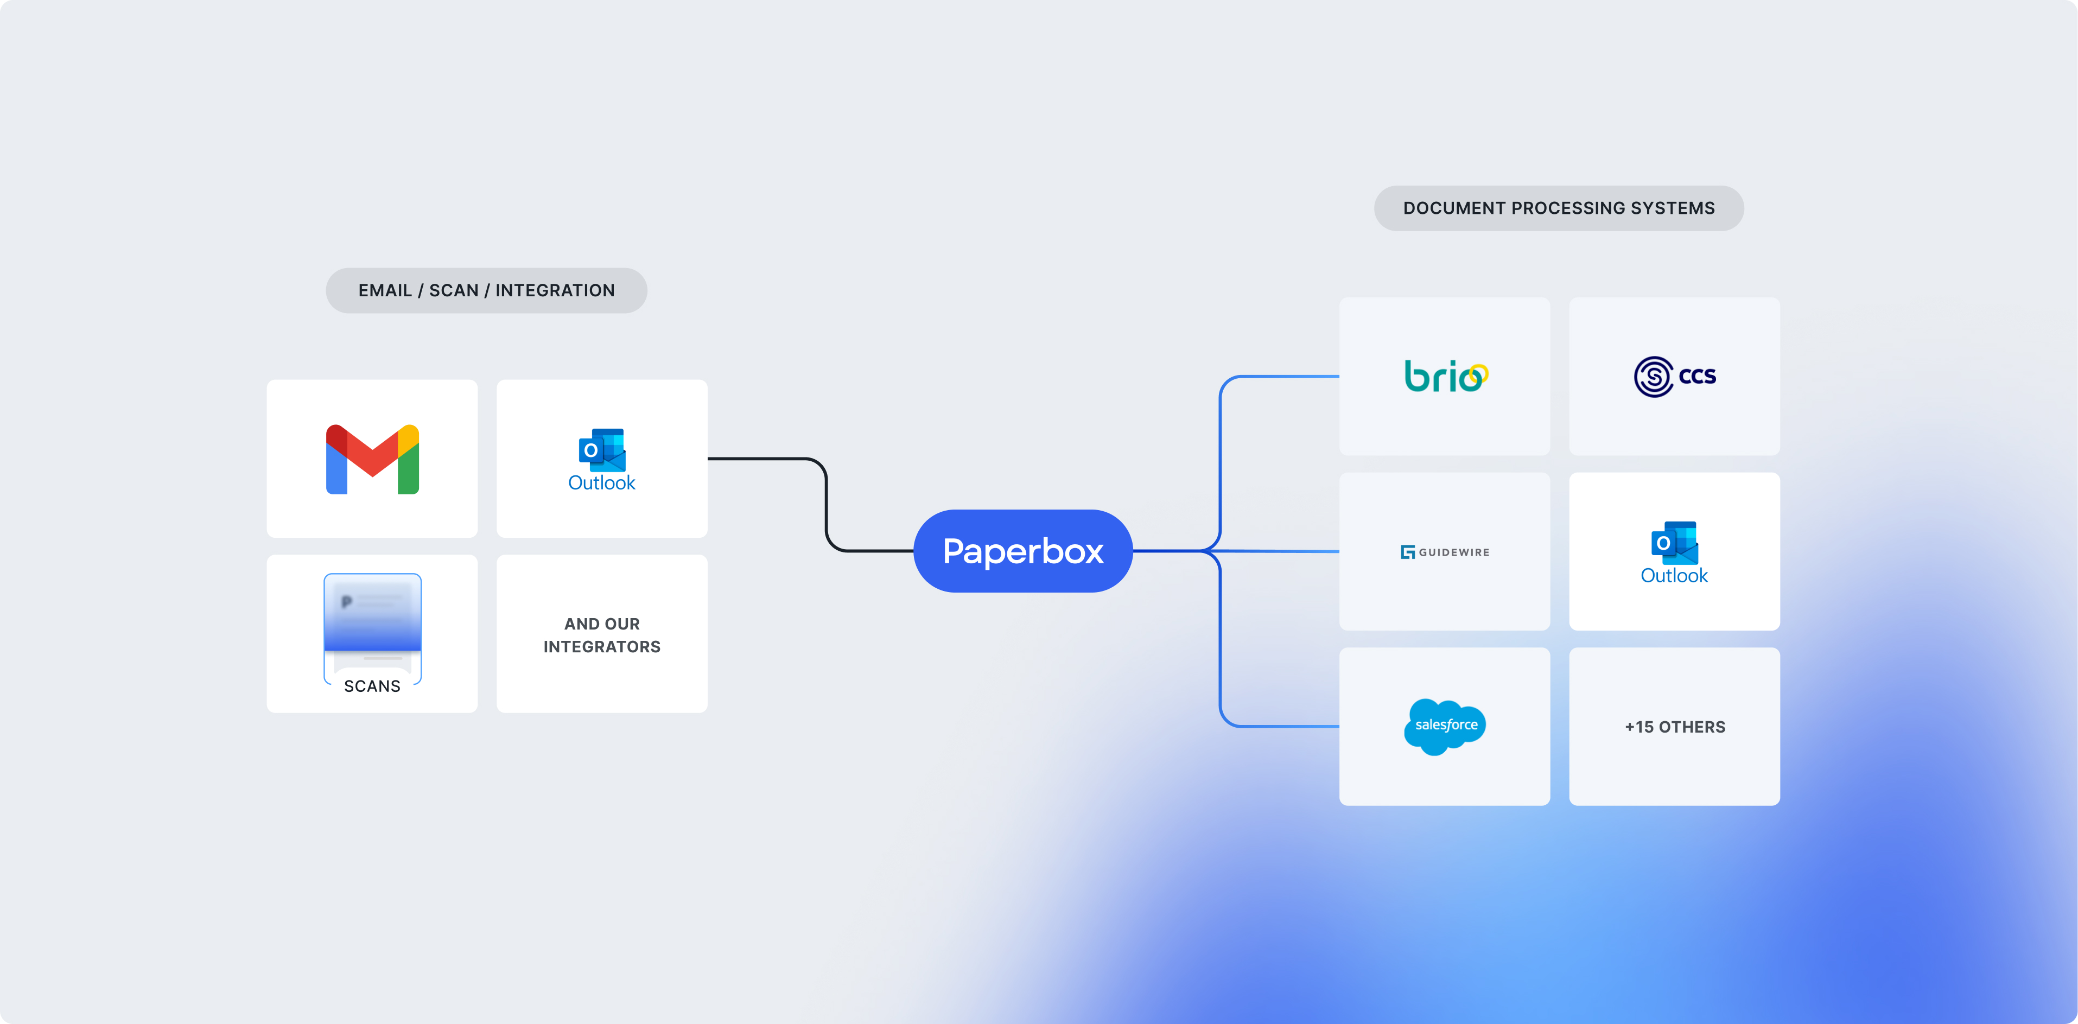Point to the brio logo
point(1444,376)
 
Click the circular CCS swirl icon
point(1653,376)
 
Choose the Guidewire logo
point(1444,552)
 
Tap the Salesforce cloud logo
point(1445,726)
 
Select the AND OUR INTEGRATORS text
point(602,635)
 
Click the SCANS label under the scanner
point(372,686)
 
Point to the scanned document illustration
point(372,618)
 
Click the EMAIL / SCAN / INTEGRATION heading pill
point(486,290)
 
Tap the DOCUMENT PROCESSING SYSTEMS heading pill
point(1559,208)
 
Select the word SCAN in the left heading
point(453,290)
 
